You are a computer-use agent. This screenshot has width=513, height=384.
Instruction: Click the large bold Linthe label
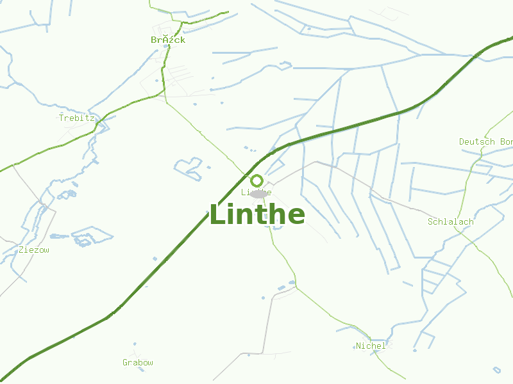tap(257, 214)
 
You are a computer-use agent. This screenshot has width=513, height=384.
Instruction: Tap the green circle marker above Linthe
tap(256, 180)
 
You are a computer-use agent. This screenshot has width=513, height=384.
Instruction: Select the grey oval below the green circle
tap(258, 193)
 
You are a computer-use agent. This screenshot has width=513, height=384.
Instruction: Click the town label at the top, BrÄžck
tap(168, 40)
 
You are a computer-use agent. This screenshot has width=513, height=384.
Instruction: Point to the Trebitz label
tap(76, 118)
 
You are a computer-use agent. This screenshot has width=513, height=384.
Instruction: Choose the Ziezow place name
tap(34, 250)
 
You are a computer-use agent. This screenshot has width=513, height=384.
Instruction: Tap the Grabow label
tap(138, 362)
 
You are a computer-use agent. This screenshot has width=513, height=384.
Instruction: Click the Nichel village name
tap(371, 346)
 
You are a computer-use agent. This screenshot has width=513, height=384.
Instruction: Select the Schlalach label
tap(450, 221)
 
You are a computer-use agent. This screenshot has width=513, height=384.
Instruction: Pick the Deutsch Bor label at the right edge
tap(485, 141)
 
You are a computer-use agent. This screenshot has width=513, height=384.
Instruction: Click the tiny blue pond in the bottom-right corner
tap(496, 369)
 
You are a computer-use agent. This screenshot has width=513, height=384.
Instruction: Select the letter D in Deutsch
tap(462, 141)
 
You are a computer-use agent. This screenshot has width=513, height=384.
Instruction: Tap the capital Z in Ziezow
tap(22, 250)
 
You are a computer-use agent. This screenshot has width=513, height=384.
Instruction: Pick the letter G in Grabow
tap(126, 362)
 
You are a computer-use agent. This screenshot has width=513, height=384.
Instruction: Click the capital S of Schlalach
tap(431, 221)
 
